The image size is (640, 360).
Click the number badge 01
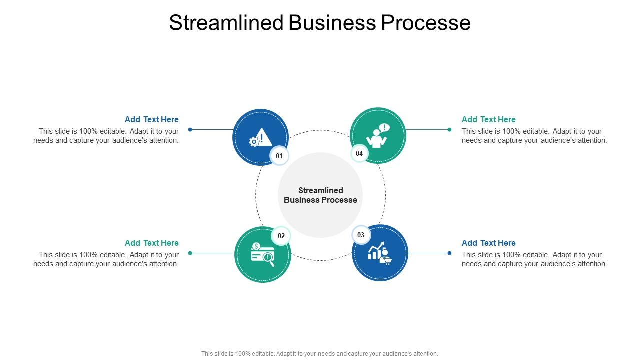(279, 156)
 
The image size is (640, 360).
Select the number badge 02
(281, 236)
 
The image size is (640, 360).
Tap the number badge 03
(361, 235)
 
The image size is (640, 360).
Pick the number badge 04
(359, 153)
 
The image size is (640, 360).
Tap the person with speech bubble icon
(378, 136)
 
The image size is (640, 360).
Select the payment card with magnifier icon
(262, 254)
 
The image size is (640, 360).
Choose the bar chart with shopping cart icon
(380, 253)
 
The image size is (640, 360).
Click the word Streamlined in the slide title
(227, 23)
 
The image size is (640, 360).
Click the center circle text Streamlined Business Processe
(320, 195)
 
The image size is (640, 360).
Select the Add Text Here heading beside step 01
(152, 119)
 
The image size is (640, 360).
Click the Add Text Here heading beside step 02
(152, 243)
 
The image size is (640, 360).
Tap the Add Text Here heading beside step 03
(488, 243)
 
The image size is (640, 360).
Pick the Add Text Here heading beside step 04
(488, 119)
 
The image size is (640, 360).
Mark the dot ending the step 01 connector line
(190, 130)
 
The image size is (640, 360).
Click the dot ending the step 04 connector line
(449, 130)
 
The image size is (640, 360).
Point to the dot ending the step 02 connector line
(190, 253)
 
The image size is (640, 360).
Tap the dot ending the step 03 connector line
(449, 253)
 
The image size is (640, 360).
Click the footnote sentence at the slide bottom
(320, 353)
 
